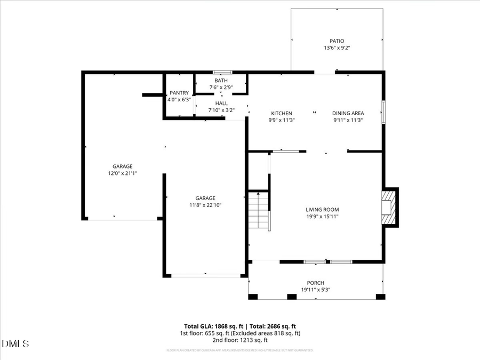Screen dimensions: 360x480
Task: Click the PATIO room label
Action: coord(337,41)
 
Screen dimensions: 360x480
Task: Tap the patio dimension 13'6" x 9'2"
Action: coord(337,48)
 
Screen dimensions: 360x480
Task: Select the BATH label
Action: coord(221,81)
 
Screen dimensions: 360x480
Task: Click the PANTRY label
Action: coord(179,93)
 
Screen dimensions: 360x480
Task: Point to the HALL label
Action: coord(221,103)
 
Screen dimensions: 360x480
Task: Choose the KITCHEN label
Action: coord(282,114)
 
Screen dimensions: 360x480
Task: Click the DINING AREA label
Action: coord(348,114)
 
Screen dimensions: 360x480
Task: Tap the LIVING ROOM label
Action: coord(322,210)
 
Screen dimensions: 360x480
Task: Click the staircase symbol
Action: coord(259,209)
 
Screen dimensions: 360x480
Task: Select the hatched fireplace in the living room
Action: coord(389,207)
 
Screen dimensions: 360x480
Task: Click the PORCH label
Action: coord(315,283)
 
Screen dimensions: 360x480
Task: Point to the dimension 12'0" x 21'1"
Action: coord(122,173)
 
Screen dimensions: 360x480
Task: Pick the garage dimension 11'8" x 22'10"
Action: coord(205,205)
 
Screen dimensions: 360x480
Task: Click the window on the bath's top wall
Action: coord(221,72)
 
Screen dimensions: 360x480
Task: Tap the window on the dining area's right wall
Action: coord(383,112)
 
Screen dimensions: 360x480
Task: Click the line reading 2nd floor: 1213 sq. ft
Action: coord(241,340)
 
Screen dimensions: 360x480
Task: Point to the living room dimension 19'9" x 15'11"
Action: coord(322,217)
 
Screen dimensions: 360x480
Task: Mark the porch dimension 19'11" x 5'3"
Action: coord(315,290)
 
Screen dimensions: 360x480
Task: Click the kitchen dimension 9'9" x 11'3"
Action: coord(282,121)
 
